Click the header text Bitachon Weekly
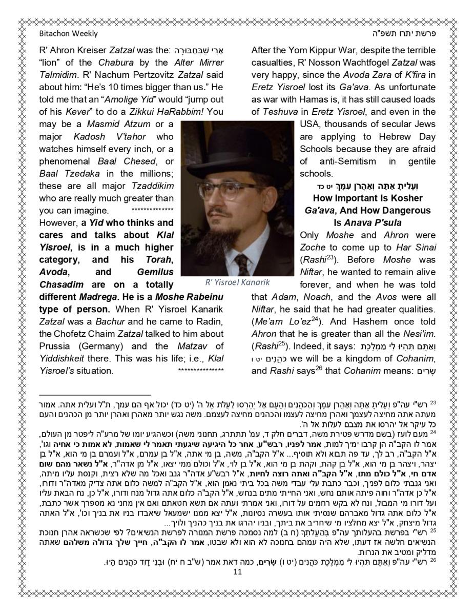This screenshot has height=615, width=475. (68, 34)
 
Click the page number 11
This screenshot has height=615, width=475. (237, 571)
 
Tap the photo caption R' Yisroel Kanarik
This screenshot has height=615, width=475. (237, 282)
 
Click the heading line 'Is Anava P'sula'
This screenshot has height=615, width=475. (367, 223)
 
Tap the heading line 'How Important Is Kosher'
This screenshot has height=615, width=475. (367, 198)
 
